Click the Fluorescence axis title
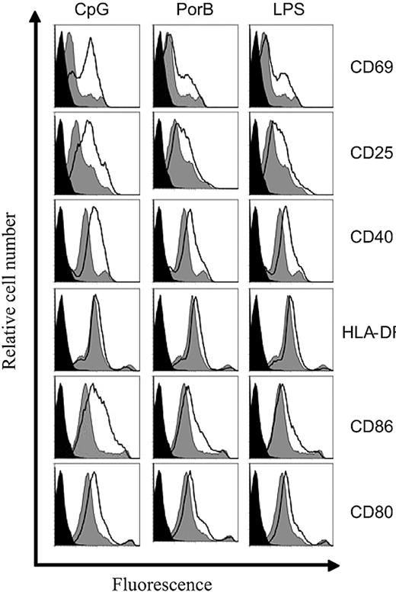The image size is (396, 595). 162,584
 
